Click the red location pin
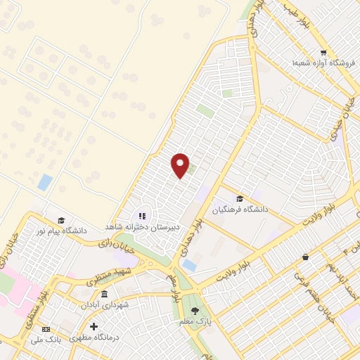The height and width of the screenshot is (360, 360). click(181, 165)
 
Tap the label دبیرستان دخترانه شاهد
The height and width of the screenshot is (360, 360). click(143, 227)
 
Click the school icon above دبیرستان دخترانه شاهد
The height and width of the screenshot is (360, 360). click(142, 217)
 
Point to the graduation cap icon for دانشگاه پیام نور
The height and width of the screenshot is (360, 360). click(61, 220)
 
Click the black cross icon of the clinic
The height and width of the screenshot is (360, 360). click(94, 327)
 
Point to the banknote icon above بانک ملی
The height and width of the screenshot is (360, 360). click(46, 329)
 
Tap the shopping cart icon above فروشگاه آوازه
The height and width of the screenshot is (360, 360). click(323, 52)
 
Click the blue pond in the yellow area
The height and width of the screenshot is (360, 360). click(45, 182)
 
